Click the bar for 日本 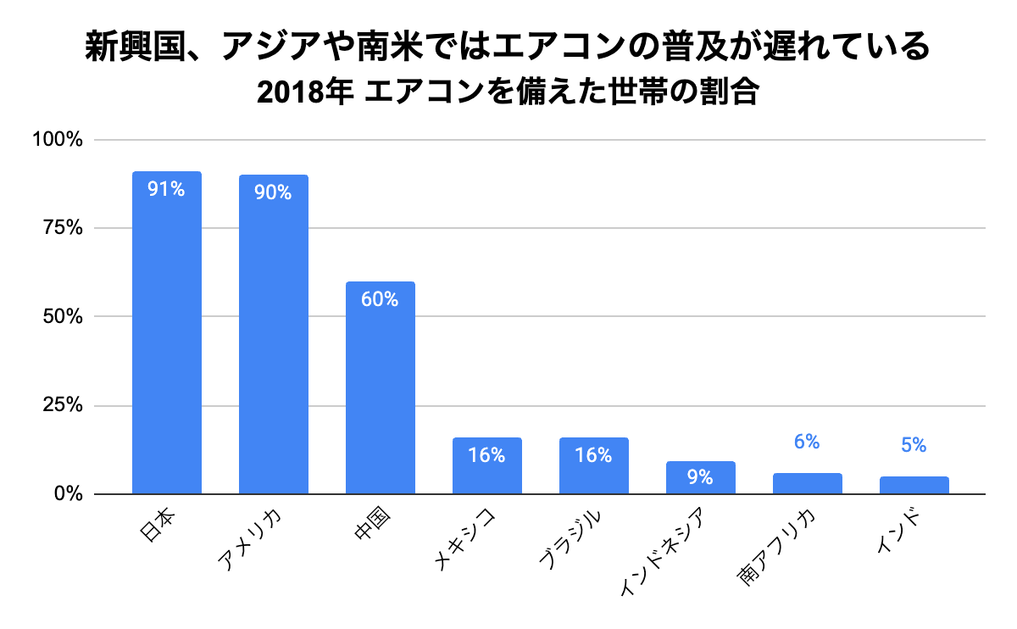click(167, 339)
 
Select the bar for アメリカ click(274, 339)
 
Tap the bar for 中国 click(381, 390)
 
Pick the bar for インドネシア click(701, 478)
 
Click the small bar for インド click(914, 485)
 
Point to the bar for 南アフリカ click(808, 483)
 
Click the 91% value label click(166, 189)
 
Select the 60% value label click(380, 299)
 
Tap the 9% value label click(700, 477)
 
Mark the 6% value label click(807, 442)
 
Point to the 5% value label click(914, 445)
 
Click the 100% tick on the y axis click(57, 140)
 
